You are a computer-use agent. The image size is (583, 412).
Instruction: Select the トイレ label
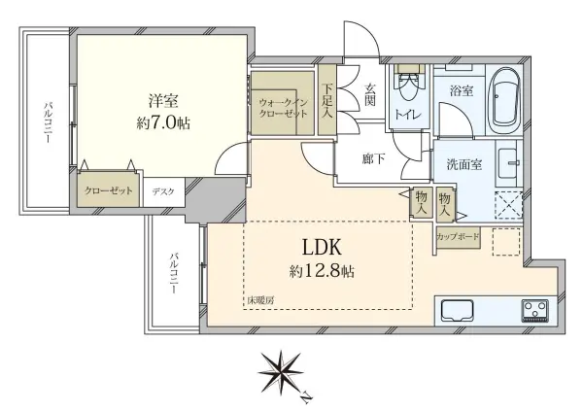pyautogui.click(x=407, y=115)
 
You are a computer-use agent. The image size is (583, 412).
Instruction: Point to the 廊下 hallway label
pyautogui.click(x=372, y=159)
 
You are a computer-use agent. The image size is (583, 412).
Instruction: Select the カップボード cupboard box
pyautogui.click(x=456, y=234)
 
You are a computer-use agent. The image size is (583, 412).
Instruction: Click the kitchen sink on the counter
pyautogui.click(x=457, y=310)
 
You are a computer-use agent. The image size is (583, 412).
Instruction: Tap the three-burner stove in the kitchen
pyautogui.click(x=534, y=310)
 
